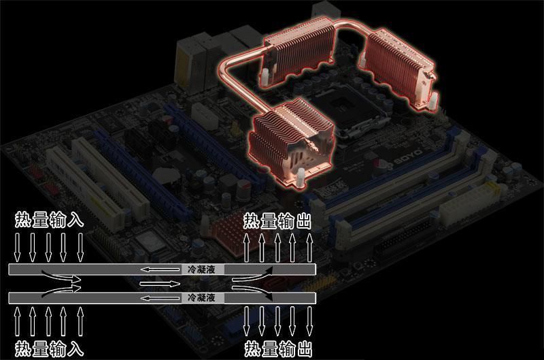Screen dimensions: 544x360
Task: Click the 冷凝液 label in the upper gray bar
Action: pyautogui.click(x=201, y=269)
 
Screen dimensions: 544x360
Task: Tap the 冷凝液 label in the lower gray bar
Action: pyautogui.click(x=201, y=297)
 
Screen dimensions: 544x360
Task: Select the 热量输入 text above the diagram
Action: pyautogui.click(x=49, y=220)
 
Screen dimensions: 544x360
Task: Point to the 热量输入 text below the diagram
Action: pyautogui.click(x=49, y=349)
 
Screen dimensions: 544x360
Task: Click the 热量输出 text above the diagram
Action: pyautogui.click(x=277, y=221)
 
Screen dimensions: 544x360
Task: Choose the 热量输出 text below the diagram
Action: pyautogui.click(x=278, y=349)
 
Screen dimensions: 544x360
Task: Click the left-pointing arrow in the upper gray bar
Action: pyautogui.click(x=160, y=269)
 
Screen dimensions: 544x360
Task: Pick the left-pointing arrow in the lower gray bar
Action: pyautogui.click(x=160, y=298)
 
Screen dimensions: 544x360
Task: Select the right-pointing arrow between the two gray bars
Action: pyautogui.click(x=160, y=284)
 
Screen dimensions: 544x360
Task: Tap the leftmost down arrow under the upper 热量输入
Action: pyautogui.click(x=17, y=247)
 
